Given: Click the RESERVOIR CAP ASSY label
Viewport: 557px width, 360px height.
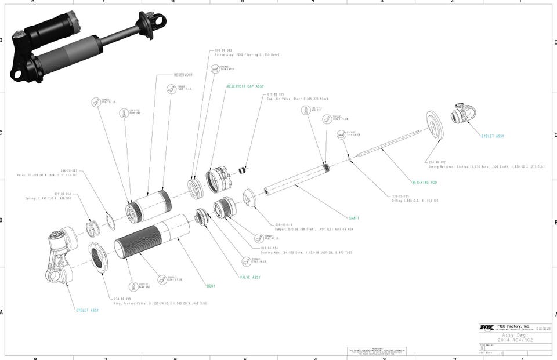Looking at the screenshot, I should [245, 86].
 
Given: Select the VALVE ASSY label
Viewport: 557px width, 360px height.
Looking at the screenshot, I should [250, 277].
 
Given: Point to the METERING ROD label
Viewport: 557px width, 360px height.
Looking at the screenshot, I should [424, 183].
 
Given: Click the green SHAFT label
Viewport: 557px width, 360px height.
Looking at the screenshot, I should [354, 219].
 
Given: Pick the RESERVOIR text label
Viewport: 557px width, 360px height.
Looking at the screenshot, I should [183, 75].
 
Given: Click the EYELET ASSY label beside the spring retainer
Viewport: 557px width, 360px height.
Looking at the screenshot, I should [492, 136].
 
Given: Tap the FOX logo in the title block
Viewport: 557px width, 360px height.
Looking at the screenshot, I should [486, 328].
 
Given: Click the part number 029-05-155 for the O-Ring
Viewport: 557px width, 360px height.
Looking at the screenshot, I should [402, 196].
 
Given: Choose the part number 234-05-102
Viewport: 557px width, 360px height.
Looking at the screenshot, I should [436, 162].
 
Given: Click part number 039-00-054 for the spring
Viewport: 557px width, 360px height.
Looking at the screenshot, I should [63, 194].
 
